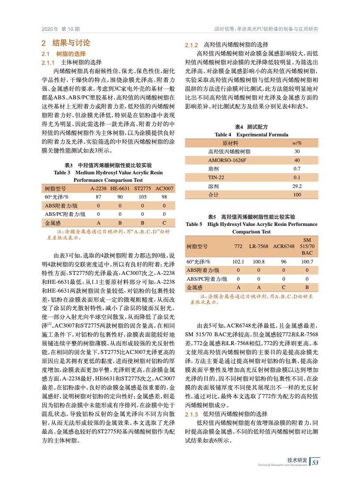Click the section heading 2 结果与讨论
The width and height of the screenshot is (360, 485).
point(66,43)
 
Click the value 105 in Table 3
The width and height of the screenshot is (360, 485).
point(142,197)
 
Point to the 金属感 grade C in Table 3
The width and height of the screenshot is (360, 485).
point(164,222)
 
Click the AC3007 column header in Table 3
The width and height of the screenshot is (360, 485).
point(165,188)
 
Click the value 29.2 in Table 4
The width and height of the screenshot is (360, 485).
point(297,186)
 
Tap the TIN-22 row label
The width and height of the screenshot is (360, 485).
point(217,177)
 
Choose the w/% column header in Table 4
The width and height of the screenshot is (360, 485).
point(297,143)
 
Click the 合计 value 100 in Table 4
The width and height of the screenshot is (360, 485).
point(297,195)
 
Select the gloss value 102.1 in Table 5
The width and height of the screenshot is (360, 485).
point(238,262)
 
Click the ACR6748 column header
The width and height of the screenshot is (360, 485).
point(284,246)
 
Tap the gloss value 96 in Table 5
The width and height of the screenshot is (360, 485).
point(284,262)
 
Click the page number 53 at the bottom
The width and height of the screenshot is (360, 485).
point(315,462)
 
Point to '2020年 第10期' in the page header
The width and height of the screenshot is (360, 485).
point(60,29)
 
